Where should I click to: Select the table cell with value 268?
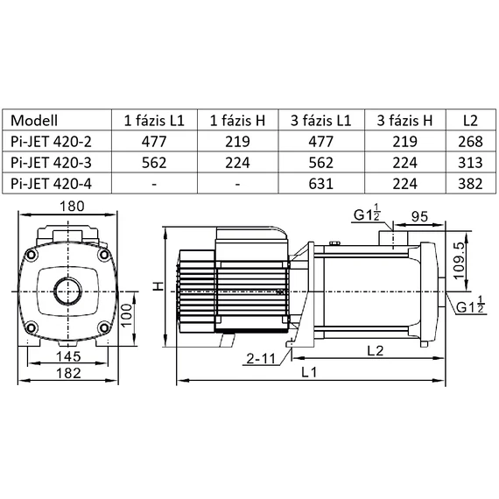[x=470, y=142]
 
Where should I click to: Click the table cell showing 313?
[x=470, y=162]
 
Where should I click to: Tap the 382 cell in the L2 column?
[x=470, y=183]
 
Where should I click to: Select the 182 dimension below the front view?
[x=69, y=374]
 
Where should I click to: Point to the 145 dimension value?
[x=69, y=357]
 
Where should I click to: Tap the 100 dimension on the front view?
[x=128, y=313]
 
